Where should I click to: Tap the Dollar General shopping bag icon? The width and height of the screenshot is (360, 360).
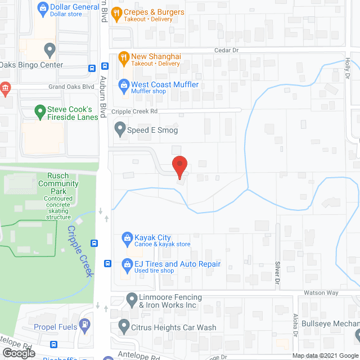(42, 8)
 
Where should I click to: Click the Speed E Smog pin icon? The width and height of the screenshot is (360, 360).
(120, 130)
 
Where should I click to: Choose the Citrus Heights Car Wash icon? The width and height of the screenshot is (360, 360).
(124, 326)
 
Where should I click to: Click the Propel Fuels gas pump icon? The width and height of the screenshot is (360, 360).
(84, 325)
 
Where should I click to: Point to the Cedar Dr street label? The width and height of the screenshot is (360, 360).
(227, 50)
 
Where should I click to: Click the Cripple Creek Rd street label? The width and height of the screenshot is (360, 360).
(134, 111)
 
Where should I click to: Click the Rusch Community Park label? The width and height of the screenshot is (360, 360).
(58, 183)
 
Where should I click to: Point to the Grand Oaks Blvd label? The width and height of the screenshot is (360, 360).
(71, 87)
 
